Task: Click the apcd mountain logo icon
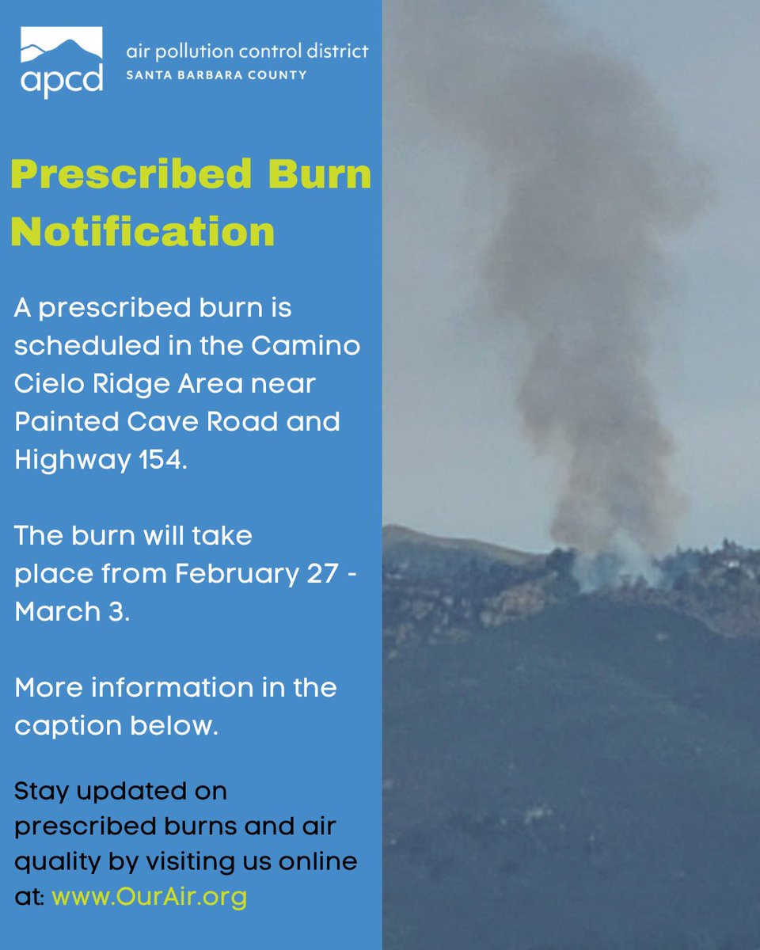click(61, 48)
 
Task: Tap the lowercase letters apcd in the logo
click(61, 81)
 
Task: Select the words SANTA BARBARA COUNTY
click(216, 75)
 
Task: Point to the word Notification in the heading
click(142, 232)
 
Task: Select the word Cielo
click(49, 384)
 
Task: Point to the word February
click(225, 573)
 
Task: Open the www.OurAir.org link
click(150, 897)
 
